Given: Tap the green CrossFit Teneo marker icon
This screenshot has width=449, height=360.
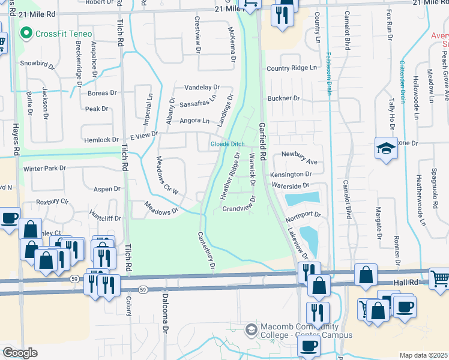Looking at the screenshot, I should (26, 32).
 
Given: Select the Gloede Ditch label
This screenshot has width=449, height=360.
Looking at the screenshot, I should (226, 145).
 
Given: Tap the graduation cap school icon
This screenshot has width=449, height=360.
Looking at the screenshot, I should (385, 149).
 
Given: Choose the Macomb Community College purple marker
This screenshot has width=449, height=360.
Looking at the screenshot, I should (250, 328).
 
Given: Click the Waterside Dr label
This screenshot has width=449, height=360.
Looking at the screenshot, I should (290, 186).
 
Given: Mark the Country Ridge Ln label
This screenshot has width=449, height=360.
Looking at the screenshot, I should (291, 68).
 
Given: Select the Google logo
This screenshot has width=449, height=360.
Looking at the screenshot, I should (20, 353).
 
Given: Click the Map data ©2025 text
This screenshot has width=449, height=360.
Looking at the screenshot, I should (423, 355).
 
